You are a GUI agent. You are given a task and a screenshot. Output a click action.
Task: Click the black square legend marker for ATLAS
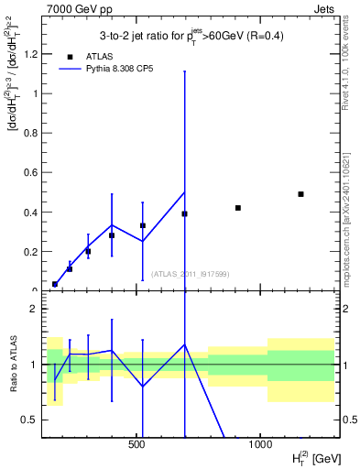point(71,56)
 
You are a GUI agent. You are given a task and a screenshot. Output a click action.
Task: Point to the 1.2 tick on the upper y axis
point(30,54)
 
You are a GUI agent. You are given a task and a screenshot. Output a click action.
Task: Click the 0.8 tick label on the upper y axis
point(30,133)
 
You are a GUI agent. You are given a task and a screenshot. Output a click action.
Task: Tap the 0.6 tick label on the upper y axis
point(30,172)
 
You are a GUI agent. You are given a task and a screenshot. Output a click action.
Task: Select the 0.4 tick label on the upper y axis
point(30,213)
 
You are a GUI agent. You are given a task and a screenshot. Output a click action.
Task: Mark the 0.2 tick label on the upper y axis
point(30,252)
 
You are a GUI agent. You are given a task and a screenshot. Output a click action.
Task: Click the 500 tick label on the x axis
point(136,443)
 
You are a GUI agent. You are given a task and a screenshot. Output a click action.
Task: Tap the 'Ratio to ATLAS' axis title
point(14,364)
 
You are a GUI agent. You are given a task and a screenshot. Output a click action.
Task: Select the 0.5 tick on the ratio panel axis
point(30,420)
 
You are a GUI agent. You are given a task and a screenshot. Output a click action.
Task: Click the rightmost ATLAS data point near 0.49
point(300,194)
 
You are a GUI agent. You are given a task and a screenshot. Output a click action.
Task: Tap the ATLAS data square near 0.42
point(237,208)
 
